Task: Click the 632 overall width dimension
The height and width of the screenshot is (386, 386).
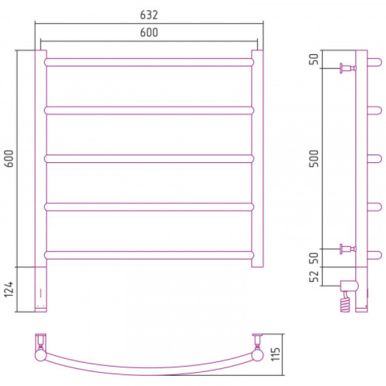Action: [149, 15]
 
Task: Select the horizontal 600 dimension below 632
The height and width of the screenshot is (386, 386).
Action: [149, 32]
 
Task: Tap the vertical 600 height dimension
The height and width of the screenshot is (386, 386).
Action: [8, 158]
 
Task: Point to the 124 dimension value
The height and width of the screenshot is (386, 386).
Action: [8, 289]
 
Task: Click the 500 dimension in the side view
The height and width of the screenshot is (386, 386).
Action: [313, 158]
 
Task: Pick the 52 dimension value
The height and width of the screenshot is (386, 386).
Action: [313, 276]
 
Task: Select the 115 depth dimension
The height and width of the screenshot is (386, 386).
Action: [275, 354]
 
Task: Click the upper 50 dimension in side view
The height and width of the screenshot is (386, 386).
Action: [313, 59]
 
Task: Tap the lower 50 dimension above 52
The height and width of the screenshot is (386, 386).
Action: [313, 258]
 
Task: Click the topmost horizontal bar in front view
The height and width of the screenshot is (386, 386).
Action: [149, 63]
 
